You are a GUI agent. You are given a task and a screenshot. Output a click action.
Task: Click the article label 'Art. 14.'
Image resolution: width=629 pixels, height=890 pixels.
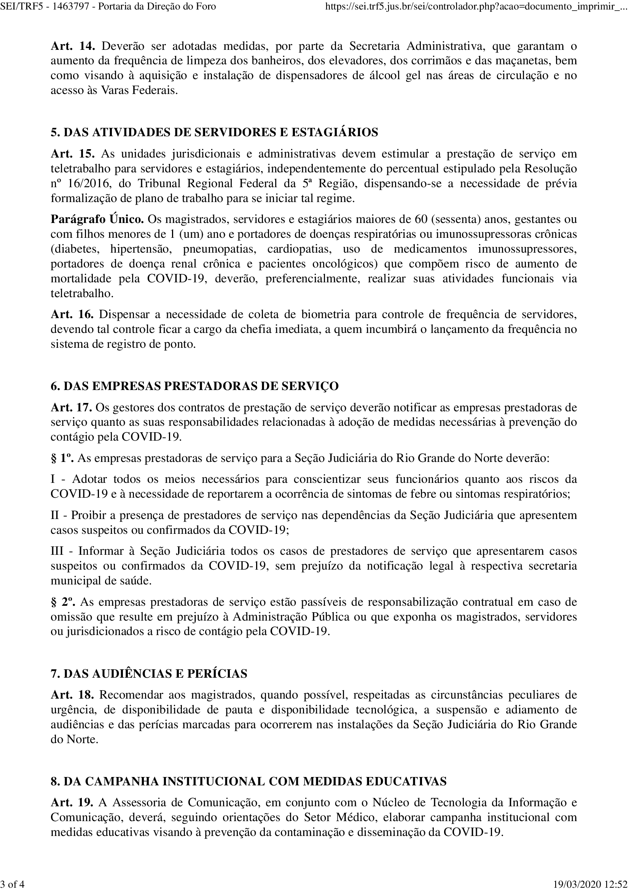click(72, 46)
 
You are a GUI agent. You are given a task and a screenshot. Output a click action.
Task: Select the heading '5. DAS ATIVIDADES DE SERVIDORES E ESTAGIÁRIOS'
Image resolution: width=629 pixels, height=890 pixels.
click(214, 132)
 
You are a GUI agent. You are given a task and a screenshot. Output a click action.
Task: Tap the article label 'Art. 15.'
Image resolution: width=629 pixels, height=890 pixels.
click(72, 154)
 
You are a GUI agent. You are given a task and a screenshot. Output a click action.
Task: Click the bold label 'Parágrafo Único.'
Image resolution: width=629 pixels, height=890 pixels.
click(97, 220)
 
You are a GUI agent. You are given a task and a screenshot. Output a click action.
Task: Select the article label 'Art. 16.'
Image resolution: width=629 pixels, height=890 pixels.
click(72, 314)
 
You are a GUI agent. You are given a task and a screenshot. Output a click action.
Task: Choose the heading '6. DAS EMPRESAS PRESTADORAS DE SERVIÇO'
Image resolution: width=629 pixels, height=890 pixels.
click(194, 386)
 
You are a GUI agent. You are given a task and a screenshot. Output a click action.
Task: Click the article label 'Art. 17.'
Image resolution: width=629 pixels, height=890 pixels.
click(71, 408)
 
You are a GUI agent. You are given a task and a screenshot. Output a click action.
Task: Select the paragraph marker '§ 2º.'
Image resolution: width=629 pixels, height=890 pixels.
click(63, 602)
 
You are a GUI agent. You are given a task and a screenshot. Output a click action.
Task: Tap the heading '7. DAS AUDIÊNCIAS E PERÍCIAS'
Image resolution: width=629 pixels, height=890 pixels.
click(149, 674)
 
